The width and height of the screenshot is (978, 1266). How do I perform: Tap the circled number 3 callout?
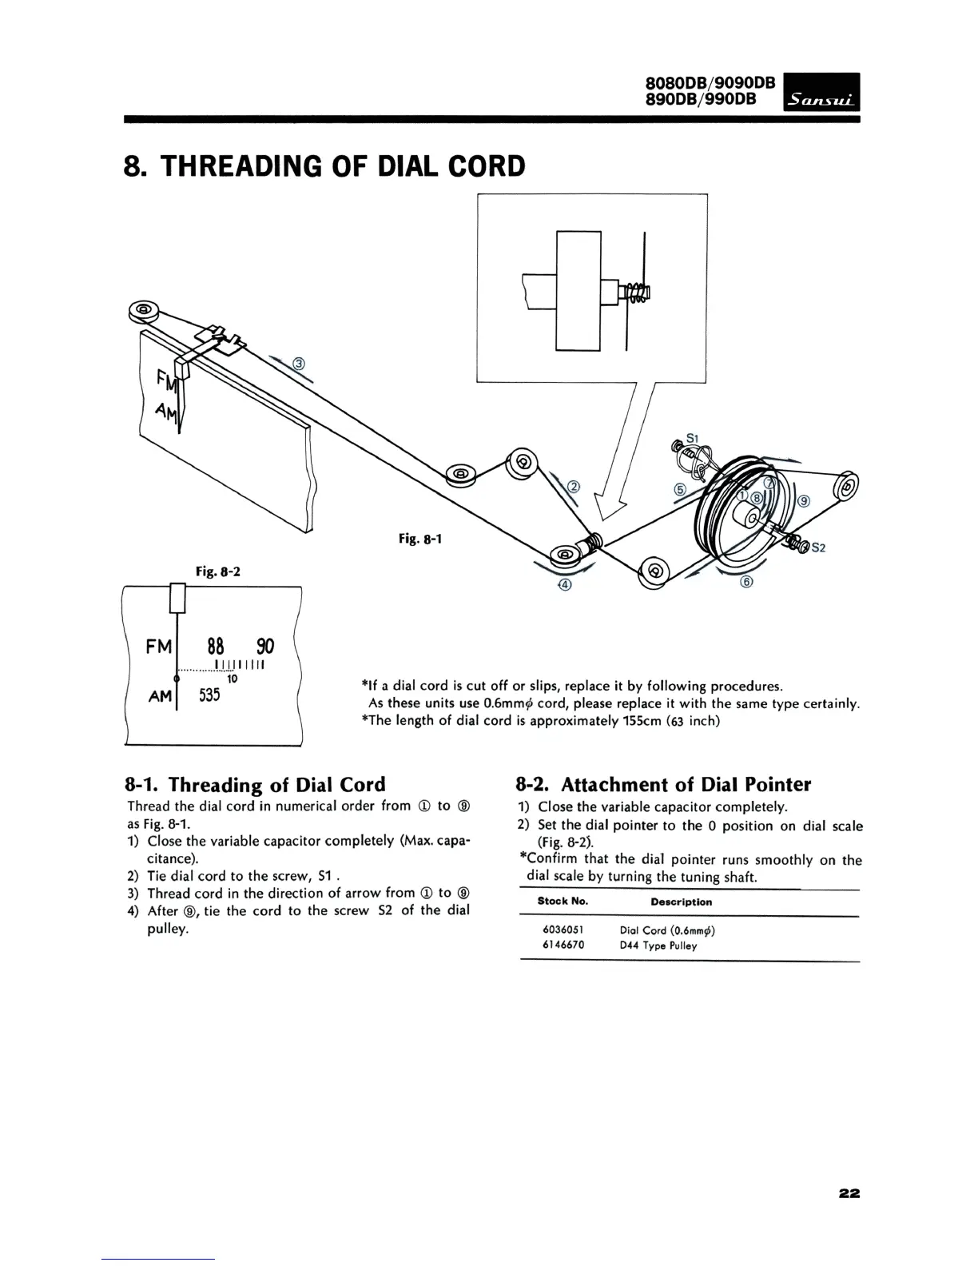click(x=300, y=364)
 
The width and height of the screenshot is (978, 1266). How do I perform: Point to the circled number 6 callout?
click(x=747, y=582)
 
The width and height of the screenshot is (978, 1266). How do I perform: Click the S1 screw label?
click(x=693, y=437)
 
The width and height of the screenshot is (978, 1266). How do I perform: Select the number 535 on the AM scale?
click(x=209, y=695)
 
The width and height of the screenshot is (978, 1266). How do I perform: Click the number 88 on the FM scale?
click(x=215, y=646)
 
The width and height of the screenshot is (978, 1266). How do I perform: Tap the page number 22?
click(x=849, y=1171)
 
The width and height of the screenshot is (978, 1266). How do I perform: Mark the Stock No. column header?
click(x=563, y=902)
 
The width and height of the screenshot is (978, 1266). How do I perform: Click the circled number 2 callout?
click(x=573, y=488)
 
